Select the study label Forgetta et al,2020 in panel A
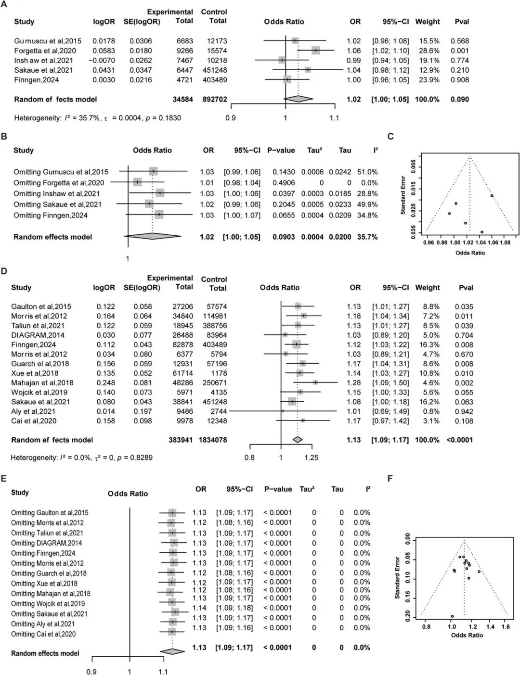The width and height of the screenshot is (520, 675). coord(45,51)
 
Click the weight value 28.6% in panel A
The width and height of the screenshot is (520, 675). coord(428,51)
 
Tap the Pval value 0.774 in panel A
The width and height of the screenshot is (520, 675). coord(459,61)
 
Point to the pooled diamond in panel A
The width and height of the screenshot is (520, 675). coord(299,99)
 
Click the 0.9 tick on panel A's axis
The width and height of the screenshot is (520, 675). coord(231,118)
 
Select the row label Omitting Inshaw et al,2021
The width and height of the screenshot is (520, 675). coord(56,193)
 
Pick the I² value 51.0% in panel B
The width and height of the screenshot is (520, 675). coord(367,172)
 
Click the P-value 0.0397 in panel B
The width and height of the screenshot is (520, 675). coord(284,193)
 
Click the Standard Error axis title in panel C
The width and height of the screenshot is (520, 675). coord(403,195)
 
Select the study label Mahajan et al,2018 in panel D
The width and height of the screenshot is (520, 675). coord(42,382)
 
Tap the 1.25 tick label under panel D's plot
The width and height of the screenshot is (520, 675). coord(311,458)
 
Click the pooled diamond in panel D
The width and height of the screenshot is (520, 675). coord(298,439)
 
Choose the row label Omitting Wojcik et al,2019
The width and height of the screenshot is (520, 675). coord(48,603)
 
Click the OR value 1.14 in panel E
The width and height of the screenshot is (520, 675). coord(199,608)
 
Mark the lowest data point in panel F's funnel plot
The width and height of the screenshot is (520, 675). coord(452,616)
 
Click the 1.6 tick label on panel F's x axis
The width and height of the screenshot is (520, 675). coord(506,627)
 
